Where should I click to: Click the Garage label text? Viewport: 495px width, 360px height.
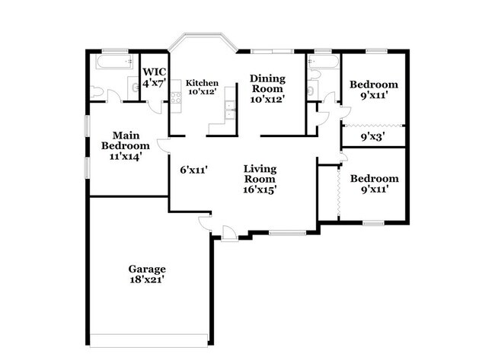point(147,269)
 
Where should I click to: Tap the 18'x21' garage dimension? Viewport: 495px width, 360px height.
point(147,279)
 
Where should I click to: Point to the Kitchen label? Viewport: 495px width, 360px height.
point(203,83)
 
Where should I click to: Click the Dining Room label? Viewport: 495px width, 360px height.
point(268,84)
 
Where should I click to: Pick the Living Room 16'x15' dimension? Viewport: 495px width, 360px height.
point(260,190)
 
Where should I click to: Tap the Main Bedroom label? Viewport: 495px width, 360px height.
point(126,140)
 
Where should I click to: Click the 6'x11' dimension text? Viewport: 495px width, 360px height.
point(194,170)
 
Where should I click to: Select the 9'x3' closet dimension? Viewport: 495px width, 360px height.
point(372,137)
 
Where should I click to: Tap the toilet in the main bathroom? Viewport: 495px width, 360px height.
point(97,92)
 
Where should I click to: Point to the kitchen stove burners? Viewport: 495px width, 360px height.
point(226,113)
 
